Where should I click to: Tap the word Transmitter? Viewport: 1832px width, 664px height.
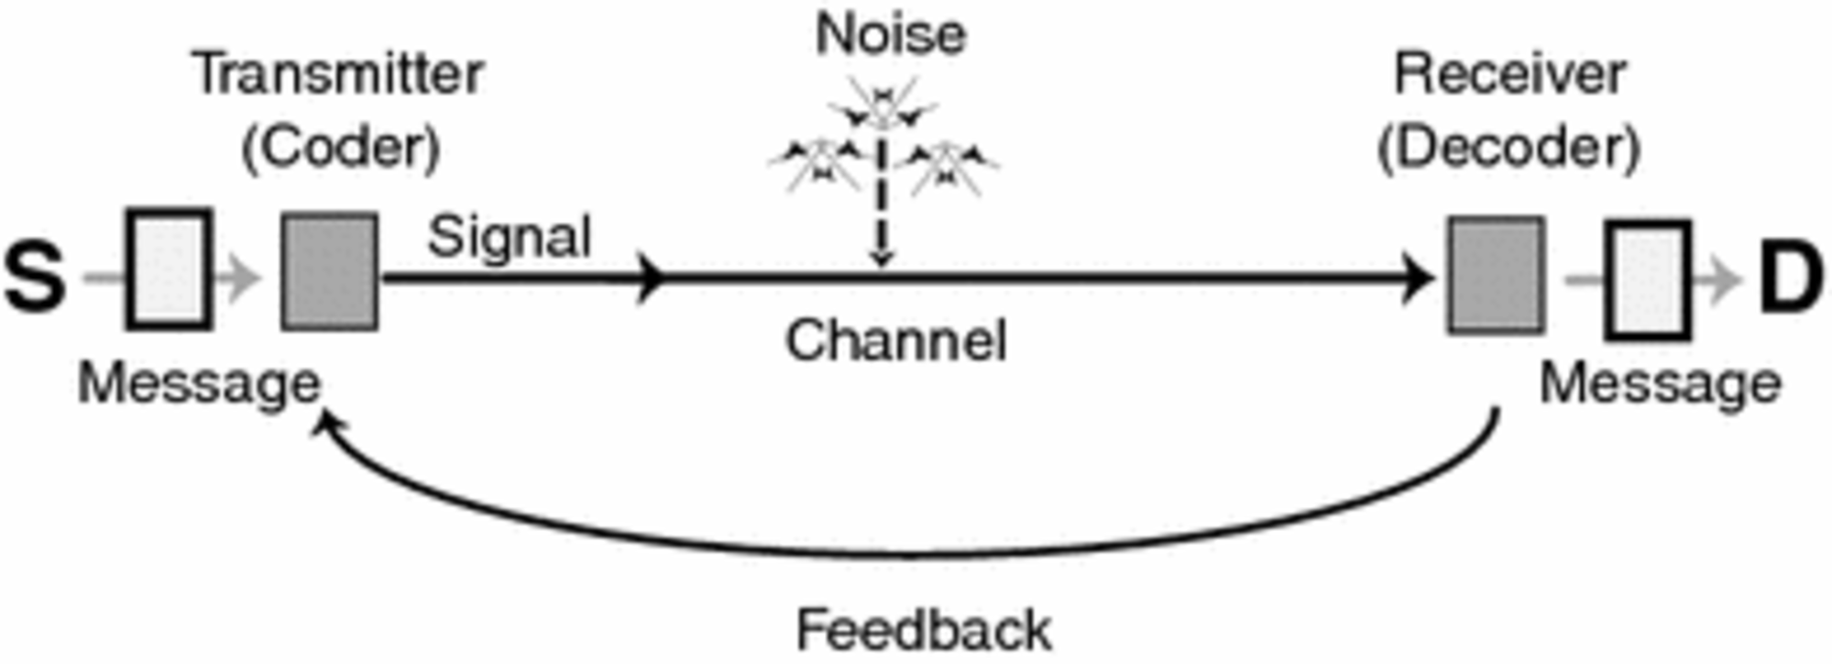[x=338, y=73]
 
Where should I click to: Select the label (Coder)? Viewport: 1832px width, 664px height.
[x=341, y=147]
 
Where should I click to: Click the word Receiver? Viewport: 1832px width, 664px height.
[x=1509, y=73]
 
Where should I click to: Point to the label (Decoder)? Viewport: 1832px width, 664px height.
[x=1509, y=147]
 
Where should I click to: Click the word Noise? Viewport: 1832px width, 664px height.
[x=891, y=35]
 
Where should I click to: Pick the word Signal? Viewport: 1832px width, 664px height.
[x=510, y=237]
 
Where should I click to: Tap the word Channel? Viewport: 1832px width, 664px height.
[x=895, y=340]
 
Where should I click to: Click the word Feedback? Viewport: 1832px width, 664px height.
[x=924, y=630]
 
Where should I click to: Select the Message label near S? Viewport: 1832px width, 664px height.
[x=199, y=382]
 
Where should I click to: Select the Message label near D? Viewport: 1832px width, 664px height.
[x=1660, y=382]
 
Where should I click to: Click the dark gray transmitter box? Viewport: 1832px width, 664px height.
[x=329, y=271]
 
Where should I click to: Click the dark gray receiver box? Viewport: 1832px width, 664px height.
[x=1496, y=275]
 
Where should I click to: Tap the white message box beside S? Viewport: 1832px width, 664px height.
[x=170, y=269]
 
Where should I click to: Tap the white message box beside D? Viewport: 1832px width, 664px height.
[x=1648, y=280]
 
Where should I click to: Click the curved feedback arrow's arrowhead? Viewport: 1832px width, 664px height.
[x=325, y=423]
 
